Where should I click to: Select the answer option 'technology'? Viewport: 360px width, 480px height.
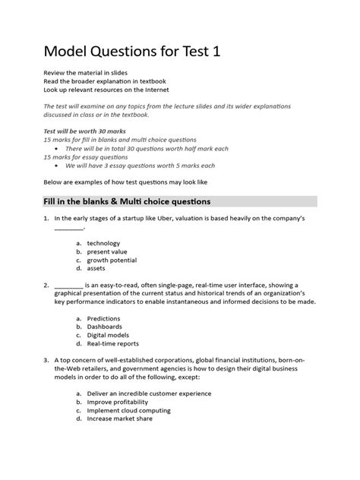click(103, 243)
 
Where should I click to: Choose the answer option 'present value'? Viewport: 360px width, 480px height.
click(107, 251)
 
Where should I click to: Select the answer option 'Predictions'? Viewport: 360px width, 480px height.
click(103, 318)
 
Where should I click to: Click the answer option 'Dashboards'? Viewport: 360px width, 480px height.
click(105, 327)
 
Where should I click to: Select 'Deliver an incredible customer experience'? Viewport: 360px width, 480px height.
click(149, 393)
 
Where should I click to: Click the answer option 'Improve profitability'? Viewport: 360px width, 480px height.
click(118, 402)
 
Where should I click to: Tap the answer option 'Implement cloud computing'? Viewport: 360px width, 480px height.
click(128, 410)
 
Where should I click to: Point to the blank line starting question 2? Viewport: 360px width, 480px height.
click(68, 285)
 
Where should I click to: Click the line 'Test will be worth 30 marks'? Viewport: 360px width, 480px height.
click(84, 131)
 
